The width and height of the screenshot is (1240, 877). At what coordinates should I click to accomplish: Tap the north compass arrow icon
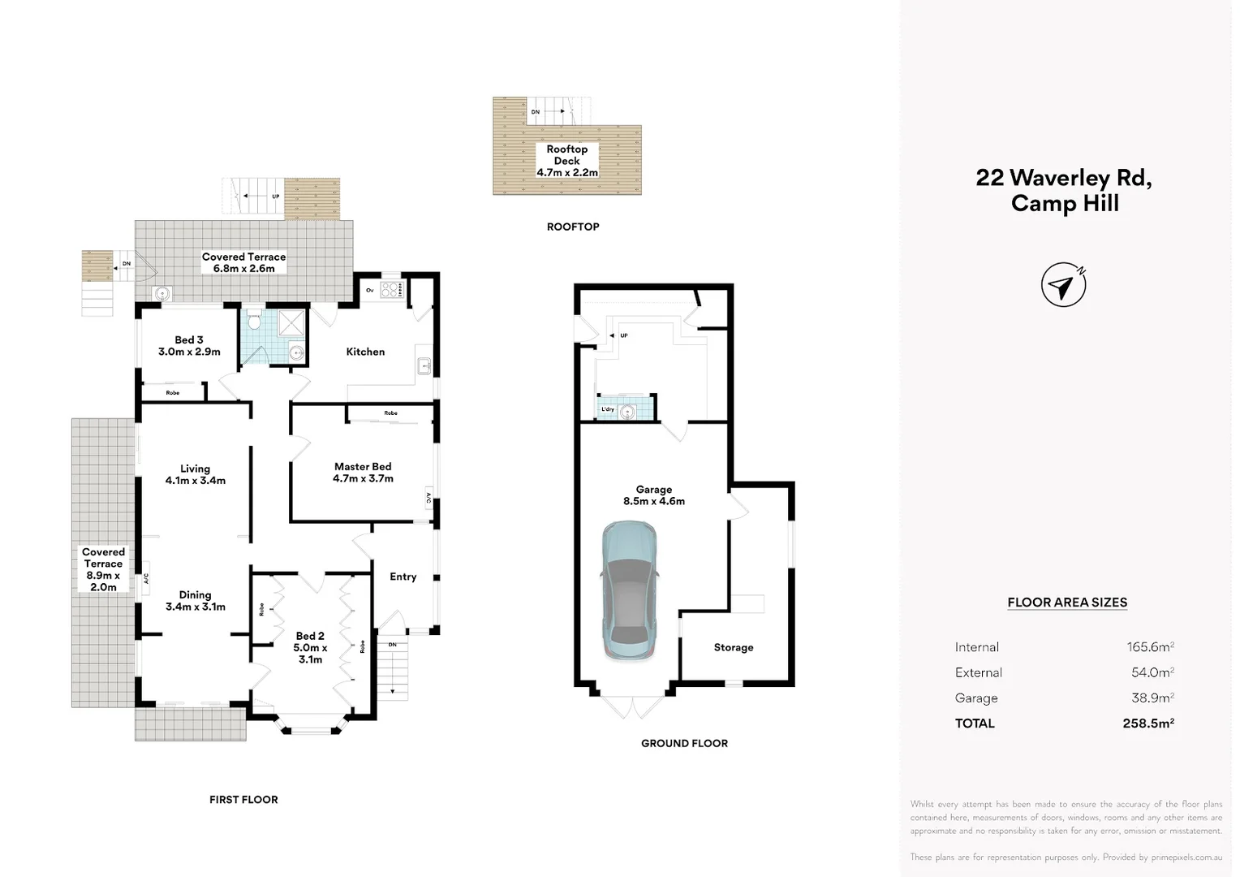coord(1063,285)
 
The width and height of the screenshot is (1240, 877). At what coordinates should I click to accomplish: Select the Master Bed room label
coord(363,467)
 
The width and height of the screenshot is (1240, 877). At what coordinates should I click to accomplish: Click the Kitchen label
coord(365,352)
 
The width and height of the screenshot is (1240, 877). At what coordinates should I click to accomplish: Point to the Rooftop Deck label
coord(566,155)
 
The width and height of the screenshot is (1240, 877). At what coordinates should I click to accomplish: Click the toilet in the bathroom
coord(254,322)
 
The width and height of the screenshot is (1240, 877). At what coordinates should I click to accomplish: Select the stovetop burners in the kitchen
coord(392,289)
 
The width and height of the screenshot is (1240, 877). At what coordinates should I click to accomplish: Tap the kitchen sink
coord(424,367)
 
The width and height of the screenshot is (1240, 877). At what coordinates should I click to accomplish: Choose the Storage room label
coord(734,647)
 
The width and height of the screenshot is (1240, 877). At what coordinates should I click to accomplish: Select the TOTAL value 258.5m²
coord(1148,723)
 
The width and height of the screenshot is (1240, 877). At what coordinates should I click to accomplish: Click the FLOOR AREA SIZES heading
coord(1067,603)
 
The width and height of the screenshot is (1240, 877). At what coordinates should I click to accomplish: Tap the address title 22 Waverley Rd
coord(1064,178)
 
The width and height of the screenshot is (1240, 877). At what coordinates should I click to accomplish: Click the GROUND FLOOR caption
coord(684,743)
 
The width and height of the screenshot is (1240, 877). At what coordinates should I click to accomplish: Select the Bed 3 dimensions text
coord(189,352)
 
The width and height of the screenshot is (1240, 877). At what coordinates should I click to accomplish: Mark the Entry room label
coord(403,577)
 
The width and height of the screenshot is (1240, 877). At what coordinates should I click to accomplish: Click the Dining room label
coord(195,595)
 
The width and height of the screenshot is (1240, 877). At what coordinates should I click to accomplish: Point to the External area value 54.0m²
coord(1152,672)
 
